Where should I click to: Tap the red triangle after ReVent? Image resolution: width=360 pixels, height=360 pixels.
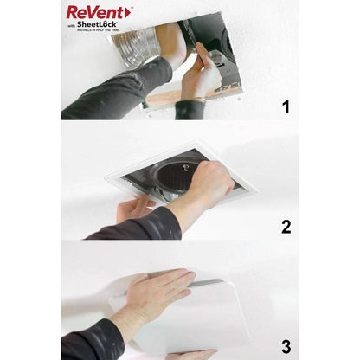pos(129,12)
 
